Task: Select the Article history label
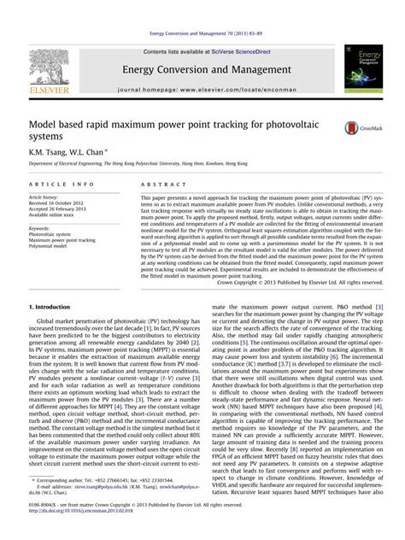pyautogui.click(x=46, y=197)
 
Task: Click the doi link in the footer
pyautogui.click(x=81, y=531)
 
